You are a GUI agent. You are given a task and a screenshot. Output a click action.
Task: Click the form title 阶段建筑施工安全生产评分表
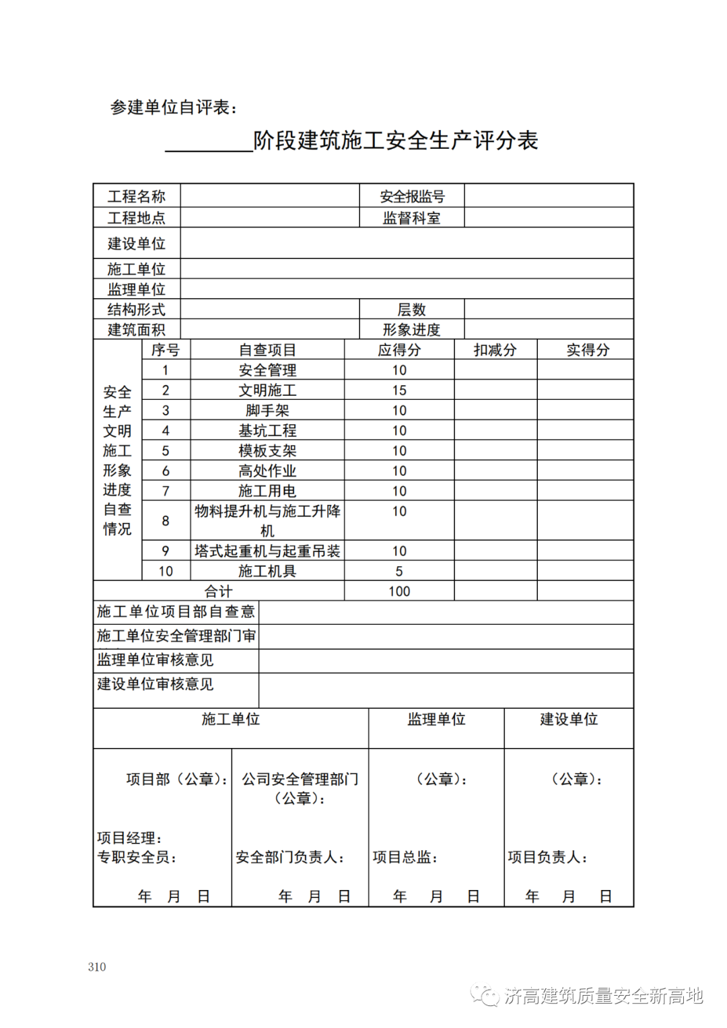click(x=395, y=141)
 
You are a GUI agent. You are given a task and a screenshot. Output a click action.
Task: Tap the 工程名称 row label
click(x=137, y=197)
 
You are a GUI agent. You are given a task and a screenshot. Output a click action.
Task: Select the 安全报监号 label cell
click(x=412, y=197)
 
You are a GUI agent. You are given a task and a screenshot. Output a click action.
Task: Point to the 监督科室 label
click(x=412, y=218)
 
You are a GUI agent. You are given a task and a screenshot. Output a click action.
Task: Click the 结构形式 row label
click(x=137, y=310)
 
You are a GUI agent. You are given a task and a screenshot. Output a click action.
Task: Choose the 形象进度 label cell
click(x=412, y=330)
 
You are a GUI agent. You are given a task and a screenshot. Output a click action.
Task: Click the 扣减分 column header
click(x=495, y=350)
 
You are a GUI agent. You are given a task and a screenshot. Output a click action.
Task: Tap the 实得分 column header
click(x=587, y=350)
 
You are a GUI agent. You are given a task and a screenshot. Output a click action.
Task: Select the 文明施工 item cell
click(x=267, y=390)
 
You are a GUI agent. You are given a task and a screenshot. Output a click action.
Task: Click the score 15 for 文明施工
click(x=399, y=390)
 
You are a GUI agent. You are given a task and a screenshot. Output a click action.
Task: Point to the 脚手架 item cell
click(x=267, y=411)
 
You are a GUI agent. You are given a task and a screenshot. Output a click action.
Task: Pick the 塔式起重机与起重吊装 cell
click(x=267, y=551)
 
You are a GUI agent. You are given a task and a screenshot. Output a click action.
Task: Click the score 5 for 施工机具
click(x=399, y=572)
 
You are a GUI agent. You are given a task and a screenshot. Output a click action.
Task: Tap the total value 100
click(x=399, y=592)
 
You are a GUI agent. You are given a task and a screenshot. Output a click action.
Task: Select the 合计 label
click(x=218, y=592)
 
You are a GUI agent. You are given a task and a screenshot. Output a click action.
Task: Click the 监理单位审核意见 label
click(x=155, y=660)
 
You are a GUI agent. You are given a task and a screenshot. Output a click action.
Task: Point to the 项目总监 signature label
click(x=405, y=858)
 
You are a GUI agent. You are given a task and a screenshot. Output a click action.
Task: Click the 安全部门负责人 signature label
click(x=290, y=858)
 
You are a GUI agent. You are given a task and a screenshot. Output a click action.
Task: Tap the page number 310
click(x=97, y=967)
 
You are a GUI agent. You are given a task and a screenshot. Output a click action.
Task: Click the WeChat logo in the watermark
click(x=485, y=996)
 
